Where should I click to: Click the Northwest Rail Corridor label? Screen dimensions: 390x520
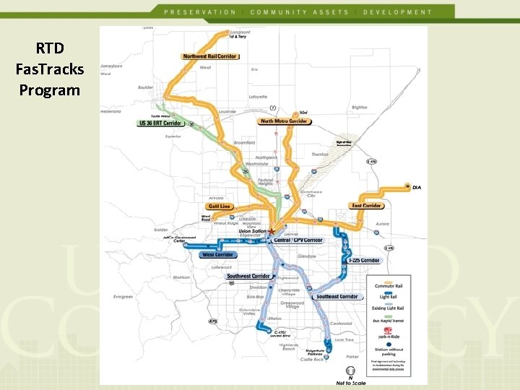click(211, 56)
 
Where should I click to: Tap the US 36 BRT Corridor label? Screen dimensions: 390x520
click(160, 123)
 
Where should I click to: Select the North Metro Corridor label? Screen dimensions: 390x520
click(284, 121)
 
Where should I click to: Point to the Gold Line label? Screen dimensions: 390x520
click(220, 207)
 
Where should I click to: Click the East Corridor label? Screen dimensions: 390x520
click(367, 206)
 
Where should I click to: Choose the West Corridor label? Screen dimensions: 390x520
click(217, 255)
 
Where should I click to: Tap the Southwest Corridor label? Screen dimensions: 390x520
click(249, 276)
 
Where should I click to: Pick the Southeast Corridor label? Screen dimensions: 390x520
click(337, 297)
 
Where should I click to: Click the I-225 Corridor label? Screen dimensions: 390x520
click(364, 260)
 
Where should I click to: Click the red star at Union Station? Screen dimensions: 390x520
click(272, 231)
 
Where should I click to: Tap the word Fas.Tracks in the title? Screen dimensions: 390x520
click(50, 70)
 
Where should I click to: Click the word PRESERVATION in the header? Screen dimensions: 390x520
click(200, 12)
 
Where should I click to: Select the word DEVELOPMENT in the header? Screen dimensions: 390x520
click(398, 12)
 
